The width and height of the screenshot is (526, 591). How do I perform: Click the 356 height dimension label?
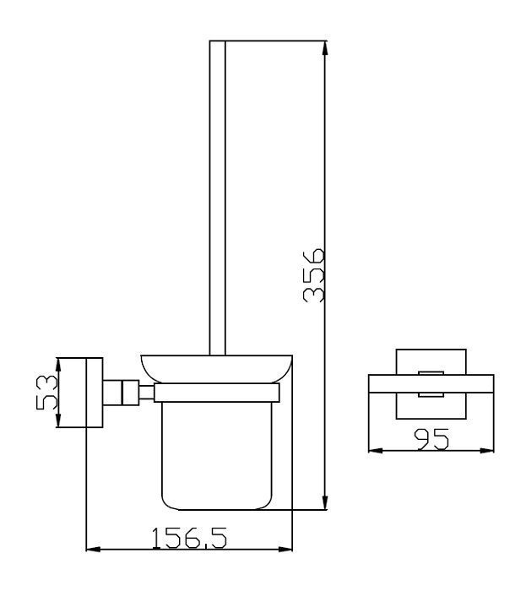(x=313, y=275)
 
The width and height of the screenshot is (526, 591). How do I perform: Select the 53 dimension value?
(x=46, y=392)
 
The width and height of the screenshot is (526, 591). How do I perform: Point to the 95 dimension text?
(x=431, y=439)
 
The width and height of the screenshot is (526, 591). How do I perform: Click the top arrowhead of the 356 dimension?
(x=325, y=48)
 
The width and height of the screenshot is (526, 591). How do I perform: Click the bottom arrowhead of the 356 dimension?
(x=325, y=502)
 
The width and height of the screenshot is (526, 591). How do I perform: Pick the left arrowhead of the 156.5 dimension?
(x=94, y=549)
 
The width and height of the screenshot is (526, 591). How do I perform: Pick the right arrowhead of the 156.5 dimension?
(x=285, y=549)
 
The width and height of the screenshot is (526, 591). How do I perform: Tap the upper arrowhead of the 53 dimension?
(x=58, y=366)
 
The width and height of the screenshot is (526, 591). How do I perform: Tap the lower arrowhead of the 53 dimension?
(x=58, y=420)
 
